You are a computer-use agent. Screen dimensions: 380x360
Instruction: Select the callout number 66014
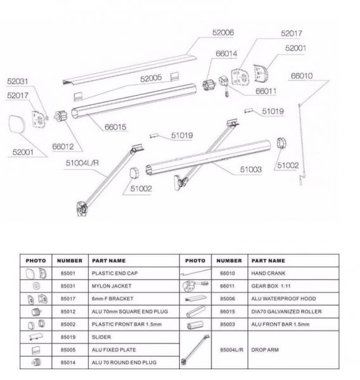(226, 54)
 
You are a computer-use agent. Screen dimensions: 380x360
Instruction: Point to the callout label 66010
(302, 76)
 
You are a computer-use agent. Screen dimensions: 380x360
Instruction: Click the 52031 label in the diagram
(18, 82)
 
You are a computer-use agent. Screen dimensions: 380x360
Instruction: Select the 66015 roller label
(116, 127)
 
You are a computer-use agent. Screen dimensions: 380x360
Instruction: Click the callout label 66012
(63, 146)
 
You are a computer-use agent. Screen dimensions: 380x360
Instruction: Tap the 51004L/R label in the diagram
(82, 163)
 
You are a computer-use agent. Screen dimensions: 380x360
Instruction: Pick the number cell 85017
(68, 298)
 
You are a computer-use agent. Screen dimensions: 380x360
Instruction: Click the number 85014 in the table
(68, 362)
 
